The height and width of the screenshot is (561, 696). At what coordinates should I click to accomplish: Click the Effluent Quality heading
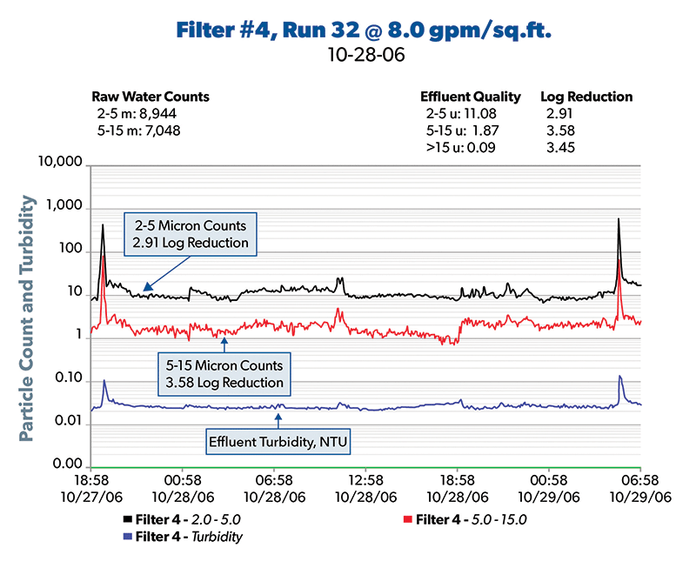471,97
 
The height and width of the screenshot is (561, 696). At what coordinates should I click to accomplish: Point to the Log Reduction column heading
586,97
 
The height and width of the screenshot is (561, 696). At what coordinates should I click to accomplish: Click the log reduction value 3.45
560,147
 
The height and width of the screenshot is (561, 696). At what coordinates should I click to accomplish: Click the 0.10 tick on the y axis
67,380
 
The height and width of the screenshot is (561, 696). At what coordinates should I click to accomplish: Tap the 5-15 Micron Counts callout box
225,374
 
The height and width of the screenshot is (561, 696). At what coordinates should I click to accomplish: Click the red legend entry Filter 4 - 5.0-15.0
471,520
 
